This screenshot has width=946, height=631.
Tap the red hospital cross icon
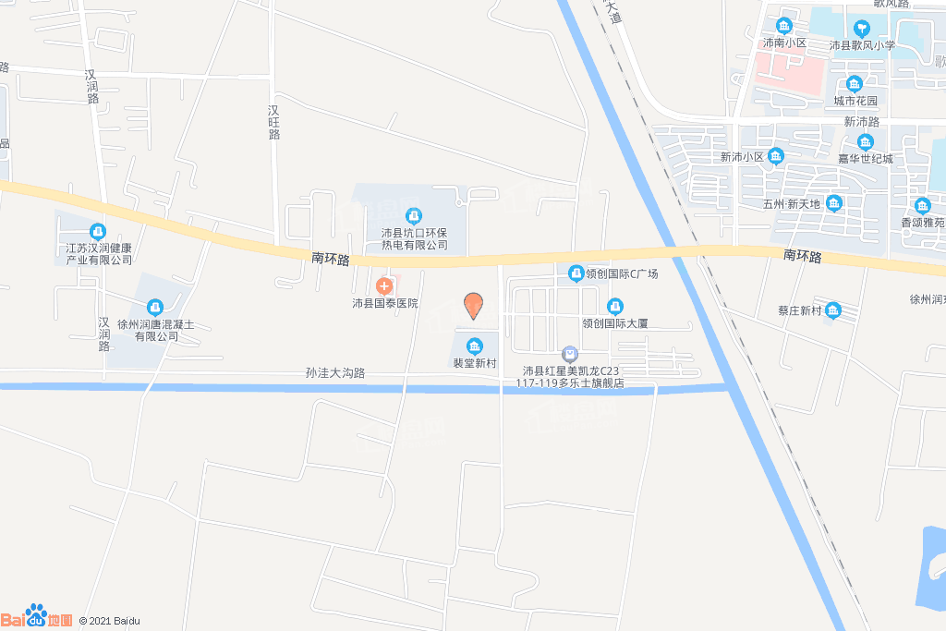(384, 285)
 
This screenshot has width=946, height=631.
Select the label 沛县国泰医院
(385, 303)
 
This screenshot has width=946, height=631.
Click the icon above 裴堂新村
(475, 346)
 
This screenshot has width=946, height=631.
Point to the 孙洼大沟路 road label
(335, 373)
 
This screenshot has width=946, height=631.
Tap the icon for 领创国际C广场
(575, 273)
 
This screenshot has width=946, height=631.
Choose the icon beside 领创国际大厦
(614, 307)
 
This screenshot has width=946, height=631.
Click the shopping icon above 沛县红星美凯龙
(570, 354)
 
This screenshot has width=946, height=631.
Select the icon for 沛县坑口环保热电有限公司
(415, 216)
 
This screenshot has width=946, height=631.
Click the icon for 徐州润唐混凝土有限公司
(154, 307)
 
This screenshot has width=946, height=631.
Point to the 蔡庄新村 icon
(833, 310)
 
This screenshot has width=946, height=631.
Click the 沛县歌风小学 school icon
(862, 28)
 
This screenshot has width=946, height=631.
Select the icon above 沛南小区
(784, 26)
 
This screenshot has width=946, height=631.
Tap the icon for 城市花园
(855, 83)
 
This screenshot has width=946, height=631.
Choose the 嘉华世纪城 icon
(865, 142)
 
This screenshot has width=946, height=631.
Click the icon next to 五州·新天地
(834, 203)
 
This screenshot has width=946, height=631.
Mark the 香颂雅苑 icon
(922, 206)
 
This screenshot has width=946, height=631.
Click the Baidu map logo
(37, 616)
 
